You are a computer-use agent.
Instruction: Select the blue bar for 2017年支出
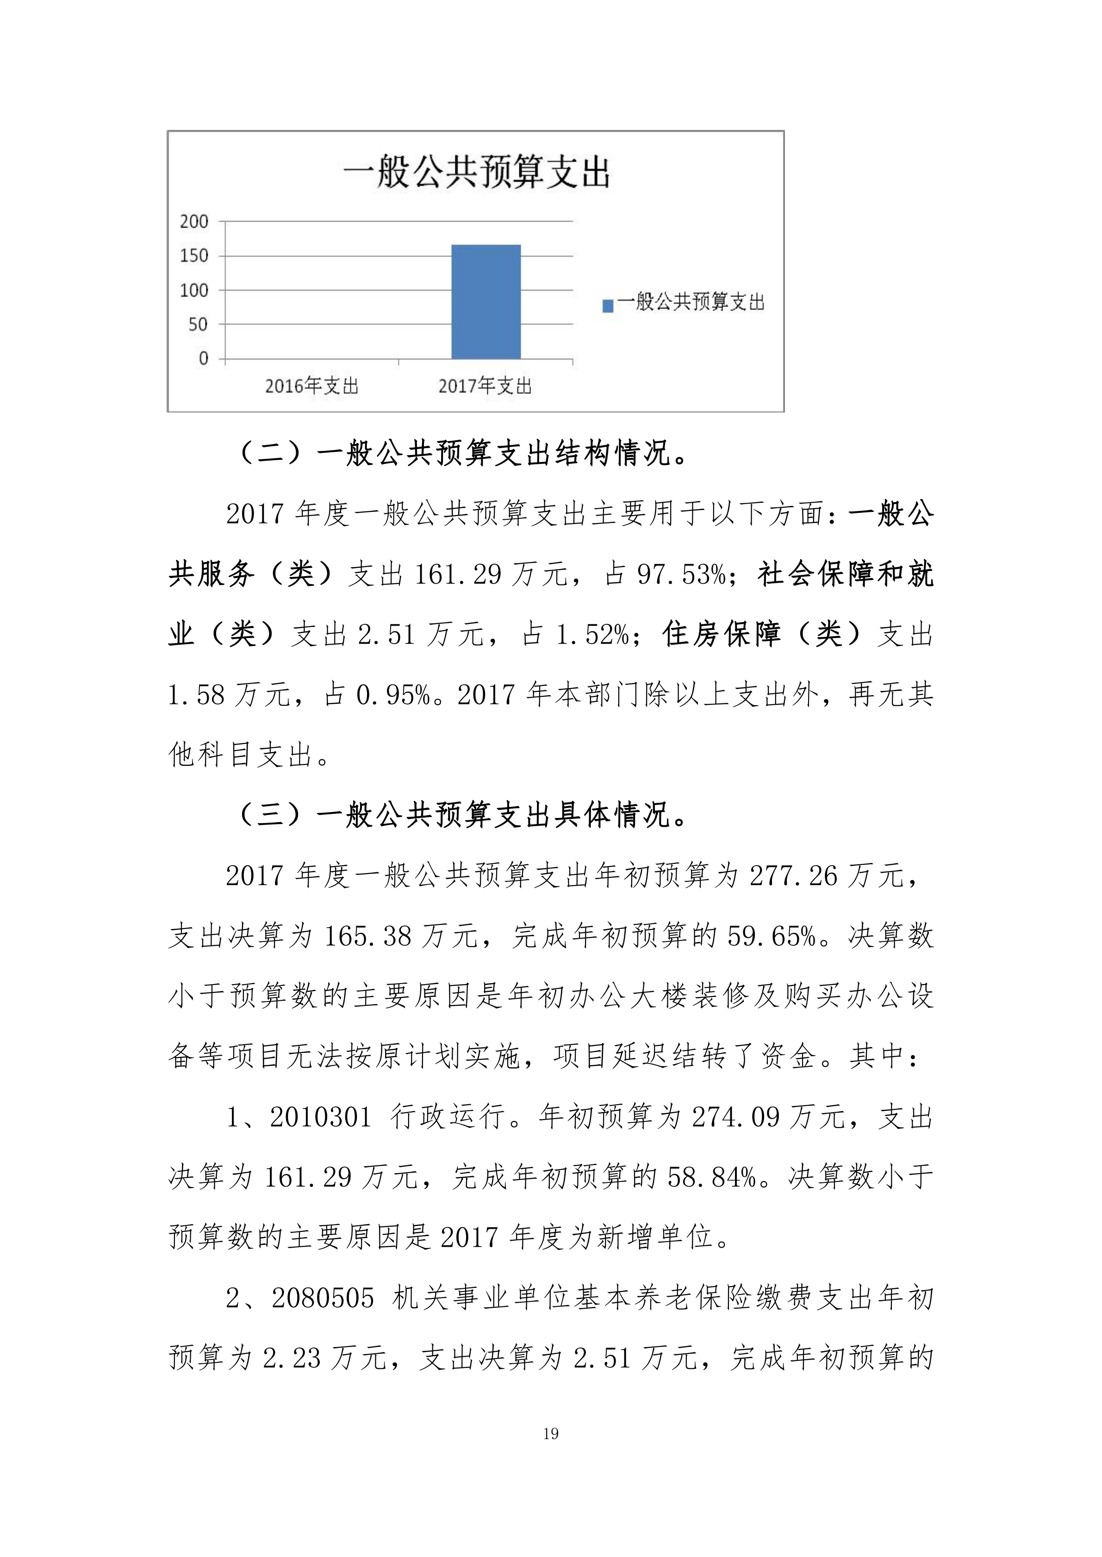coord(486,302)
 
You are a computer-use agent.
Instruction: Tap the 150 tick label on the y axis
coord(194,256)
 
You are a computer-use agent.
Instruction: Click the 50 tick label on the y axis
coord(198,324)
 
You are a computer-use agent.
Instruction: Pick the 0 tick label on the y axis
coord(203,359)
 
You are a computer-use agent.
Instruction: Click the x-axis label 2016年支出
coord(311,387)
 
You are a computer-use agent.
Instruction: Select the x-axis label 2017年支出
coord(485,387)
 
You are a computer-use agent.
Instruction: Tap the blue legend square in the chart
coord(608,306)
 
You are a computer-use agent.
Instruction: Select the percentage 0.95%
coord(393,695)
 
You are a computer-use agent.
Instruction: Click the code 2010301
coord(320,1117)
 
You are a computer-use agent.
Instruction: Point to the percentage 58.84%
coord(711,1177)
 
